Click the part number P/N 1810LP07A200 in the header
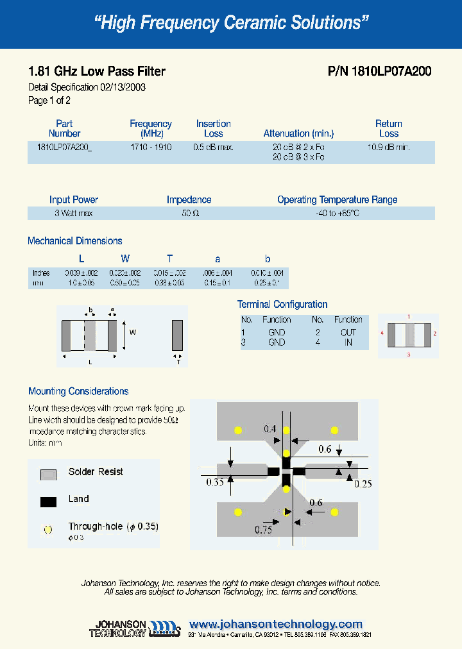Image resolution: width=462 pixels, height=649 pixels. click(x=379, y=72)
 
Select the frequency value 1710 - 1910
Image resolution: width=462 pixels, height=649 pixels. click(x=151, y=147)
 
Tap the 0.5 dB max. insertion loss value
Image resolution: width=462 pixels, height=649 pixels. click(x=213, y=147)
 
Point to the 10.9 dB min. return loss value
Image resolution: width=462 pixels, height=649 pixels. click(x=388, y=147)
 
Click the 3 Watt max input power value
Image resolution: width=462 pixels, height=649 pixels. click(x=73, y=213)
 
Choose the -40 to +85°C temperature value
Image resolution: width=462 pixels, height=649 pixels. click(x=337, y=213)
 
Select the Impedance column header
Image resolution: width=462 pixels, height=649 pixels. click(x=189, y=200)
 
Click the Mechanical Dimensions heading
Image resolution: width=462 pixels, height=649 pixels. click(x=75, y=241)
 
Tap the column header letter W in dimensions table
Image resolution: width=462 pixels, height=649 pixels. click(x=125, y=259)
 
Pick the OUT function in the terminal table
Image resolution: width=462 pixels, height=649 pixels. click(x=348, y=332)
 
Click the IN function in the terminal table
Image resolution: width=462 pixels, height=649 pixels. click(x=348, y=342)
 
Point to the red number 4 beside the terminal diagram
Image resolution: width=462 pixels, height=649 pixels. click(x=382, y=333)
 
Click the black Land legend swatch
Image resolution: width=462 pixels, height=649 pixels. click(x=49, y=501)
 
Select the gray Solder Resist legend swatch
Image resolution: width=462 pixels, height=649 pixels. click(x=49, y=475)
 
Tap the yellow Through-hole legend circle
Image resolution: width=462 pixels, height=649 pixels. click(x=47, y=530)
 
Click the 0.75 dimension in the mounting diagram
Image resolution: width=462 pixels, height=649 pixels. click(x=263, y=530)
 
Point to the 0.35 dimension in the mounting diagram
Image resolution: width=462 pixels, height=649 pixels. click(x=215, y=482)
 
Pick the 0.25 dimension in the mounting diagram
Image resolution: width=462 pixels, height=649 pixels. click(x=363, y=484)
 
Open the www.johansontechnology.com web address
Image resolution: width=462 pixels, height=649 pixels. click(x=276, y=624)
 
